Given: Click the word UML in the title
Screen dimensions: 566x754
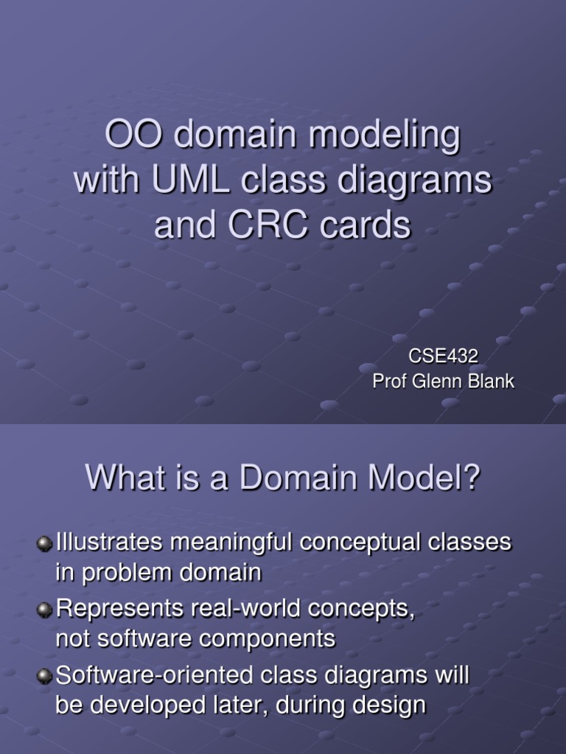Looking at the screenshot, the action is [x=191, y=180].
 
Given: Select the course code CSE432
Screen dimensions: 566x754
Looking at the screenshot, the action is [x=443, y=356].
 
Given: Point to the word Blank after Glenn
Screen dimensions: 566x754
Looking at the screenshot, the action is [x=491, y=381].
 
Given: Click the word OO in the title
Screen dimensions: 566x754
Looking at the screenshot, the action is [x=133, y=135].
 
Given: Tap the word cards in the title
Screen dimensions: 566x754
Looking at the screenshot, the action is [x=366, y=225].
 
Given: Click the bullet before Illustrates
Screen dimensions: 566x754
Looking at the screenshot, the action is [x=44, y=544].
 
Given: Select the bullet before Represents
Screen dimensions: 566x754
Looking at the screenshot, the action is [x=44, y=610].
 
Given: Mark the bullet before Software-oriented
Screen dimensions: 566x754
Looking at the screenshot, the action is [x=44, y=676].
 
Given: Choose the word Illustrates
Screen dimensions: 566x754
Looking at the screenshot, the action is [x=109, y=543].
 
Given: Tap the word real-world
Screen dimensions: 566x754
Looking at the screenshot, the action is [x=246, y=608].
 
